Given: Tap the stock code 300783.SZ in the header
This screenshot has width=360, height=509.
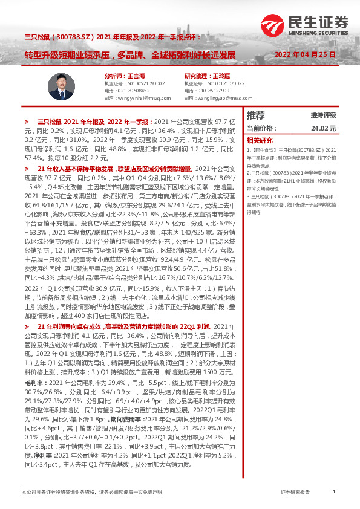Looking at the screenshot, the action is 77,36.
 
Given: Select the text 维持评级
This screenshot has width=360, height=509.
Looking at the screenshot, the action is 323,115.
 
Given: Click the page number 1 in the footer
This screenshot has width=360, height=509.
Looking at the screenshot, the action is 333,493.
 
